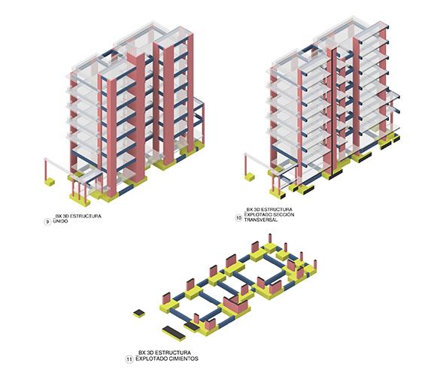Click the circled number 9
[x=47, y=222]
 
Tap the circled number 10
[x=238, y=218]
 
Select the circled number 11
[x=129, y=359]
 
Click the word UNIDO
[x=60, y=221]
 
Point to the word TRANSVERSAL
[x=261, y=220]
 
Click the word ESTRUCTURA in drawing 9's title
[x=86, y=216]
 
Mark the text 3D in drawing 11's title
[x=150, y=353]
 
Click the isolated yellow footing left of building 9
[x=50, y=182]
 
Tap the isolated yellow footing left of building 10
[x=250, y=177]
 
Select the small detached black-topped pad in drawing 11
[x=139, y=314]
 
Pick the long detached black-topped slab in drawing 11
[x=174, y=333]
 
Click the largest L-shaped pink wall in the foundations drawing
[x=235, y=305]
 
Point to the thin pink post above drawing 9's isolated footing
[x=45, y=169]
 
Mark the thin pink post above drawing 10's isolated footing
[x=245, y=165]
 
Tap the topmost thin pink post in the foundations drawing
[x=270, y=238]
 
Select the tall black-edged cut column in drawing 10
[x=334, y=111]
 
